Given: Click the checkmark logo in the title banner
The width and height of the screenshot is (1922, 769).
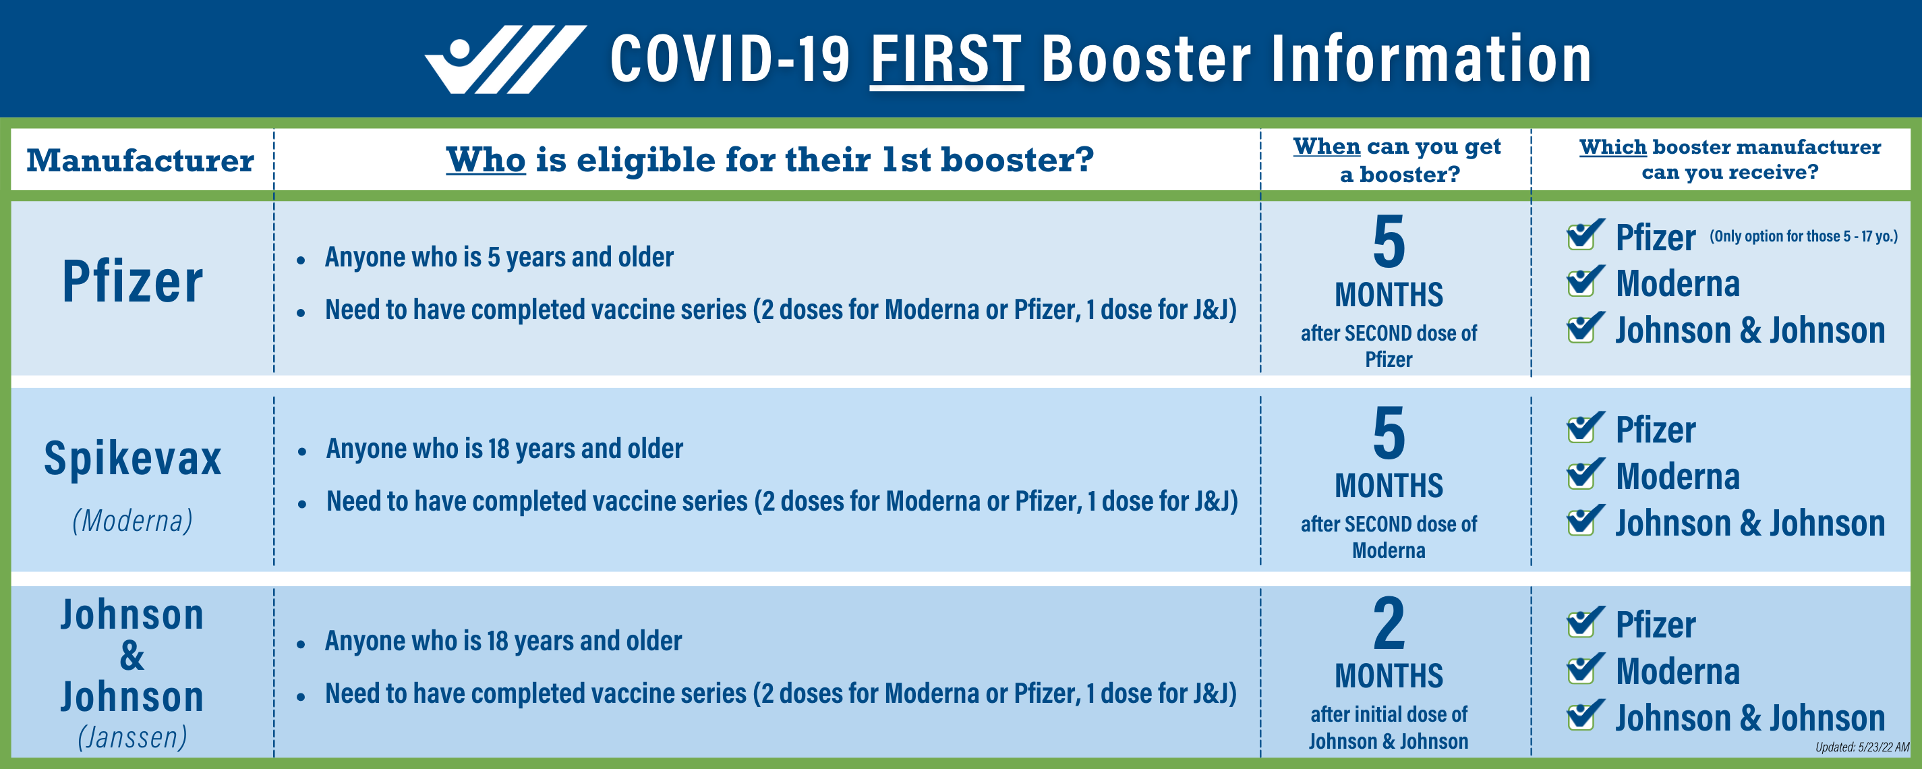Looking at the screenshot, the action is coord(504,60).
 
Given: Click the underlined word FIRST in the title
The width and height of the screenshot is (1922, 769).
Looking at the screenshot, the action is coord(946,60).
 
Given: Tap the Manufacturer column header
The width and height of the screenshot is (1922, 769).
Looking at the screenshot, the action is coord(140,161).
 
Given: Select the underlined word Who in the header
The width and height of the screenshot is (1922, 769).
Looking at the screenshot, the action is coord(486,160).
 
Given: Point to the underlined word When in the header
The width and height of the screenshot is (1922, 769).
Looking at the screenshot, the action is coord(1327,146).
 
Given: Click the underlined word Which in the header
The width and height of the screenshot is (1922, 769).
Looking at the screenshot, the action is coord(1613,147).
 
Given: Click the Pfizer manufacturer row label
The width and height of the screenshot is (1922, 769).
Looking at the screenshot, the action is coord(133,282).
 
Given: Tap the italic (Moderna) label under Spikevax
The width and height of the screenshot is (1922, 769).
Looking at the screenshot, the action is coord(133,520).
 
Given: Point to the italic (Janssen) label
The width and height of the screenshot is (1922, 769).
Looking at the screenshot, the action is coord(133,737).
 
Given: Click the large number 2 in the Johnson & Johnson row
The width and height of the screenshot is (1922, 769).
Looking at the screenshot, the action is coord(1389,623).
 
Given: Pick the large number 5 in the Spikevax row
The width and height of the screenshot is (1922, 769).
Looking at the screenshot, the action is coord(1389,433).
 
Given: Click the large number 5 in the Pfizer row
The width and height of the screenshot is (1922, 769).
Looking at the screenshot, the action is coord(1389,241).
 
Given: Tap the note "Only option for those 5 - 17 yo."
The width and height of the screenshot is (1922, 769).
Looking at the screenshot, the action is coord(1803,236).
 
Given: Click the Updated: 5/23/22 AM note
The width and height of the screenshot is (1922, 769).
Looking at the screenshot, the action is coord(1862,747).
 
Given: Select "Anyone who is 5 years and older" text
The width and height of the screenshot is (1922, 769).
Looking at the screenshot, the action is coord(499,258).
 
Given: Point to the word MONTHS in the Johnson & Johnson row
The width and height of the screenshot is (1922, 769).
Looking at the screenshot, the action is coord(1389,676).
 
